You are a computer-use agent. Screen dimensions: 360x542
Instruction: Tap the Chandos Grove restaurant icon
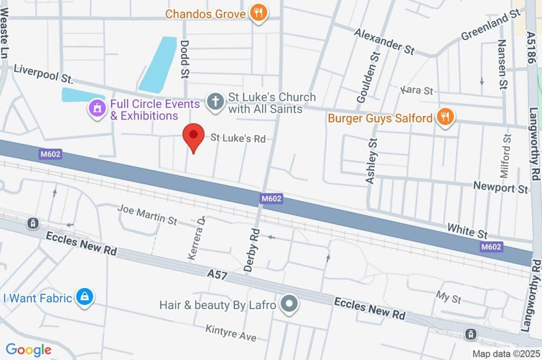tap(258, 13)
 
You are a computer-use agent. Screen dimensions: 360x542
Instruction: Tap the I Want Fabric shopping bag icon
tap(84, 298)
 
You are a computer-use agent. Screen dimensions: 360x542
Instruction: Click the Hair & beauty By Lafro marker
tap(290, 304)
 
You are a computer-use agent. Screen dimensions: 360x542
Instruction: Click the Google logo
tap(29, 349)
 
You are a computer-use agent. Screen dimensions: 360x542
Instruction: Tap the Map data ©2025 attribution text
tap(505, 354)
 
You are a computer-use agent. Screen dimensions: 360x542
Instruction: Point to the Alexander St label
tap(384, 41)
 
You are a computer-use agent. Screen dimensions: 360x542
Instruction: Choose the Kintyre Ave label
tap(231, 333)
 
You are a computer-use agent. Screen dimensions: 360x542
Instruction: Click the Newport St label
tap(500, 188)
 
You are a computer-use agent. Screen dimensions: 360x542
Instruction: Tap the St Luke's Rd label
tap(238, 139)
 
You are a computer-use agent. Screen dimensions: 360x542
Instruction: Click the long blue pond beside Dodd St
tap(158, 64)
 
